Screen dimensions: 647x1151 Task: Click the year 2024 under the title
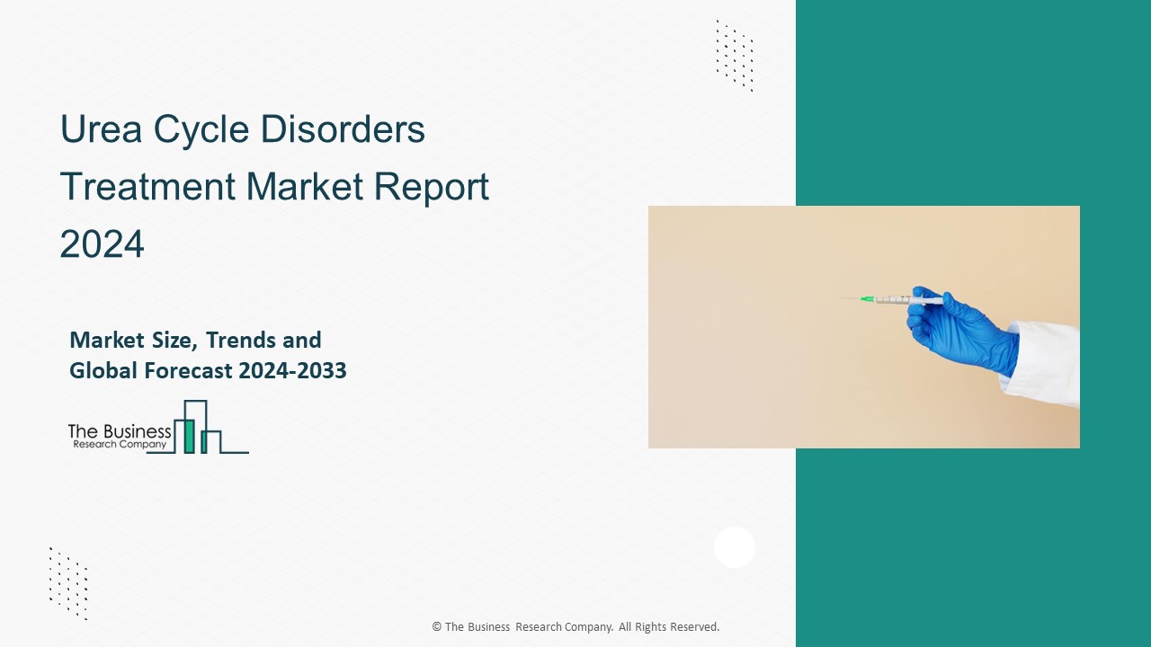point(102,244)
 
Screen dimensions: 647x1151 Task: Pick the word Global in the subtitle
point(101,370)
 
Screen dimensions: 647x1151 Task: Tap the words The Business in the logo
point(120,432)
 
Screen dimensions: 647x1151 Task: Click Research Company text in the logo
point(118,444)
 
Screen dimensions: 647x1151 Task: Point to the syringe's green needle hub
point(867,298)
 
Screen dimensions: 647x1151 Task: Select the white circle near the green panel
point(735,547)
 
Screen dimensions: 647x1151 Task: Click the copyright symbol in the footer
point(437,627)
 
